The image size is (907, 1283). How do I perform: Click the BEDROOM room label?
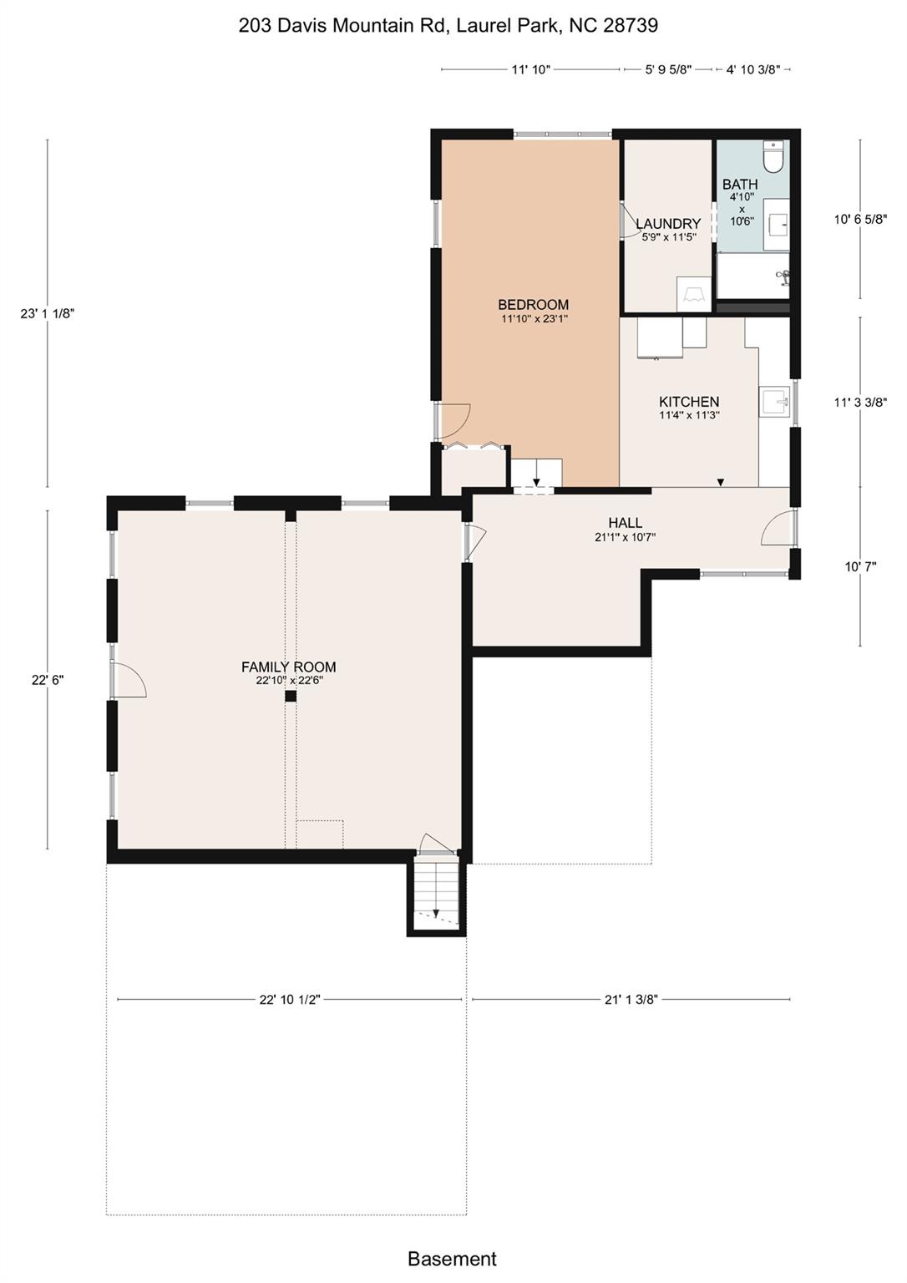(x=533, y=305)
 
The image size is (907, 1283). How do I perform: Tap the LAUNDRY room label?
(x=668, y=224)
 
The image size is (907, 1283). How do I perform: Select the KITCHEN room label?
(x=689, y=402)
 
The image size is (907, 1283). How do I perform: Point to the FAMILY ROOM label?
(x=289, y=667)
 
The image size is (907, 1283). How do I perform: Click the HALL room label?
(x=625, y=523)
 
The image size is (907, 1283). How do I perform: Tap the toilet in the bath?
(x=773, y=157)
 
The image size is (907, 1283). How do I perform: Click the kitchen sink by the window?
(x=773, y=402)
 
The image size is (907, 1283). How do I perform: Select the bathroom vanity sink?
(x=777, y=224)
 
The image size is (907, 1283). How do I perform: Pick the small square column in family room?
(x=291, y=696)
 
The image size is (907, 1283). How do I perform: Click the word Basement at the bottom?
(x=452, y=1259)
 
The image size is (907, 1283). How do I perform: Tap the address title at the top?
(x=448, y=26)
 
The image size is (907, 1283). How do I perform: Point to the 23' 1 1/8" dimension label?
(x=48, y=314)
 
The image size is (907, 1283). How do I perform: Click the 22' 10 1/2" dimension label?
(x=290, y=999)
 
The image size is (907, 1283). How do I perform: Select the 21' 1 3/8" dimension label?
(x=631, y=999)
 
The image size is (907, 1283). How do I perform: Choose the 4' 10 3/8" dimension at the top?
(x=752, y=70)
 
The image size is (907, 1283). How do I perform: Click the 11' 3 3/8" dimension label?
(x=860, y=402)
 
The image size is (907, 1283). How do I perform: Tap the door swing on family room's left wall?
(x=129, y=679)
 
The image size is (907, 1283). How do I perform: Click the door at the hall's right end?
(x=777, y=529)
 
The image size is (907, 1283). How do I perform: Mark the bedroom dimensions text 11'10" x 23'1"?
(x=533, y=318)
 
